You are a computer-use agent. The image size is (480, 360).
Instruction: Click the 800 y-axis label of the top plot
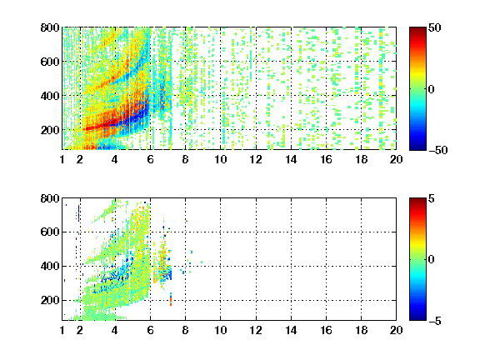pyautogui.click(x=50, y=27)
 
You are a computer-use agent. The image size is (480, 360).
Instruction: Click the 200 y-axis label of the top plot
pyautogui.click(x=50, y=130)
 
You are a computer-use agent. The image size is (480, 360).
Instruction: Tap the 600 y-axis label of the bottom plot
pyautogui.click(x=50, y=232)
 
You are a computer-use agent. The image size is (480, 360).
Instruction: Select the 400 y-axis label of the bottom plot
pyautogui.click(x=50, y=266)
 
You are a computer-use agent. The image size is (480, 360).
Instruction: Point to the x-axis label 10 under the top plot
pyautogui.click(x=220, y=159)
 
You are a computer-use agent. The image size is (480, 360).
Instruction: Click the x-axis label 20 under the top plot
pyautogui.click(x=396, y=159)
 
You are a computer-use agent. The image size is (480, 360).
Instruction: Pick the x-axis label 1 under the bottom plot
pyautogui.click(x=62, y=330)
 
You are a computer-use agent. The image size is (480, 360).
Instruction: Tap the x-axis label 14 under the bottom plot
pyautogui.click(x=291, y=330)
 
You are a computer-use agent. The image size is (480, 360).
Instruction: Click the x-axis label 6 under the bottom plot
pyautogui.click(x=150, y=330)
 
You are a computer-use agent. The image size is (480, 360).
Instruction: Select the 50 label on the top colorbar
pyautogui.click(x=435, y=28)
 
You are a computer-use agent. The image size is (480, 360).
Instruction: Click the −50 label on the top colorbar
pyautogui.click(x=438, y=150)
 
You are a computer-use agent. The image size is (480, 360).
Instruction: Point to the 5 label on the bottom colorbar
pyautogui.click(x=432, y=199)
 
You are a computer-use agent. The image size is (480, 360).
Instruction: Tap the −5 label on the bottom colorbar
pyautogui.click(x=435, y=321)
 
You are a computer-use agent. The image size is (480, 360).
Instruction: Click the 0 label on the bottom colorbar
pyautogui.click(x=432, y=260)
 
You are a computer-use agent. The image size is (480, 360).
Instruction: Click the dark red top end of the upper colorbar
pyautogui.click(x=417, y=29)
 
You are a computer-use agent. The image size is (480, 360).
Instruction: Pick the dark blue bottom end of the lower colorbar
pyautogui.click(x=417, y=318)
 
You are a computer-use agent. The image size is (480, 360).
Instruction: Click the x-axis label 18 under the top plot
pyautogui.click(x=361, y=159)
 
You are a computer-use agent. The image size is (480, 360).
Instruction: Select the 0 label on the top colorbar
pyautogui.click(x=432, y=89)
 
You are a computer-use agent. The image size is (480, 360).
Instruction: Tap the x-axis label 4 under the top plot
pyautogui.click(x=115, y=159)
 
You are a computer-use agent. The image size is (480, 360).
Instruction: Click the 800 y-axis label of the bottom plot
pyautogui.click(x=50, y=198)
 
